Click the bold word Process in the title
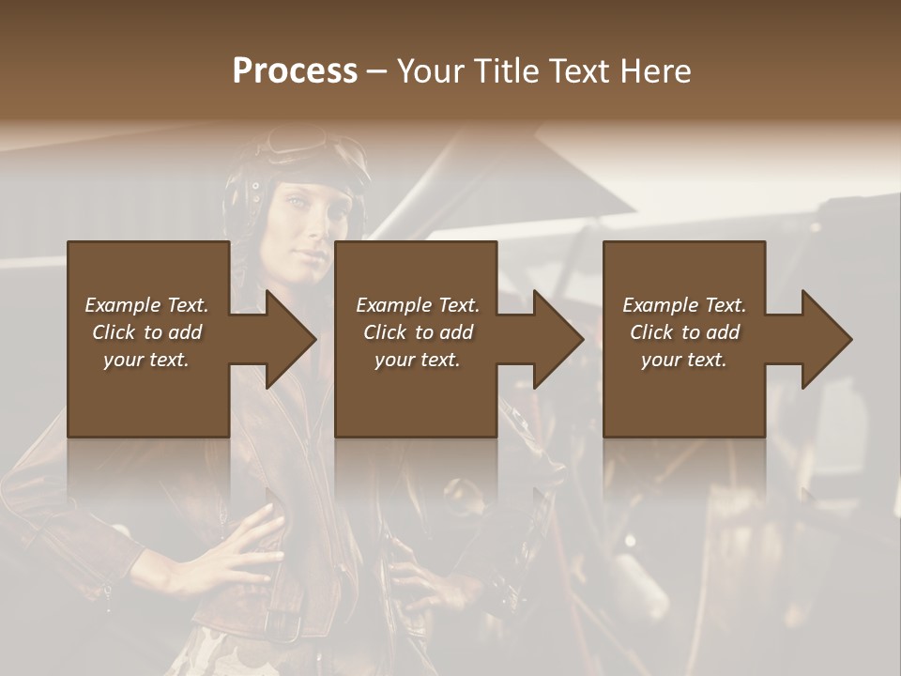(295, 71)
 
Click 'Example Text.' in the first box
(146, 305)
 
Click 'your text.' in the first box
(146, 360)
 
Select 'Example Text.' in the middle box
(418, 305)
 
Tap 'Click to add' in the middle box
(418, 332)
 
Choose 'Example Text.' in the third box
(684, 305)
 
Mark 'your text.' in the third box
(684, 360)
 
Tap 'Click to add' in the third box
(684, 332)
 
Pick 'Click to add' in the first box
(146, 332)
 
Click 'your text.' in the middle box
(418, 360)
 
